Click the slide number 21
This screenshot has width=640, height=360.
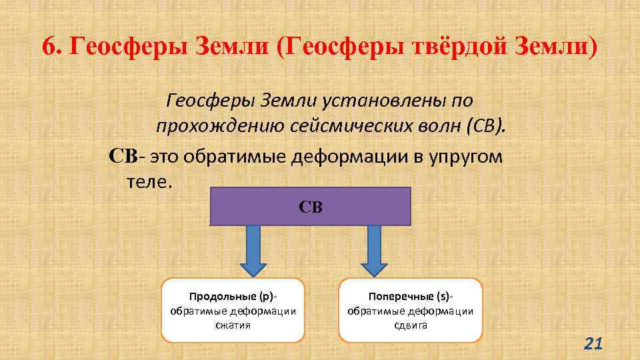point(593,343)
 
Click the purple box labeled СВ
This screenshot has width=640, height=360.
point(311,207)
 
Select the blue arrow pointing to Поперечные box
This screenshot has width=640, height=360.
point(374,250)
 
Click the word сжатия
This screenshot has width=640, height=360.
point(233,325)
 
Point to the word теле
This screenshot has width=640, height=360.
point(149,181)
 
